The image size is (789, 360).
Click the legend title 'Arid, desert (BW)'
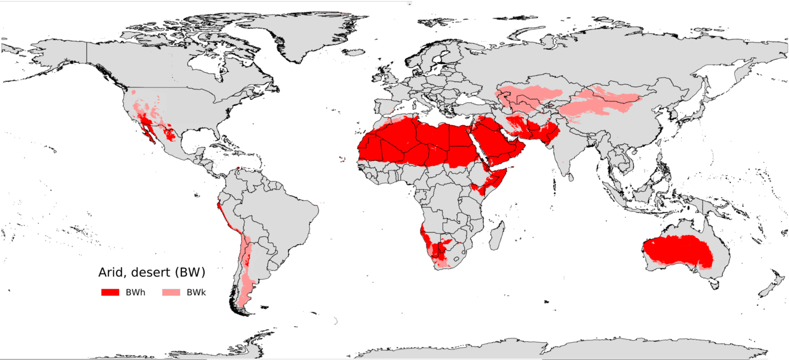pos(152,272)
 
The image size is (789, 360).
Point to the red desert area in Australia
pos(675,250)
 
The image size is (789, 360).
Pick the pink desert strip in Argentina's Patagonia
pos(248,287)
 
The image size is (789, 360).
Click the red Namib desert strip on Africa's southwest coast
pos(423,237)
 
